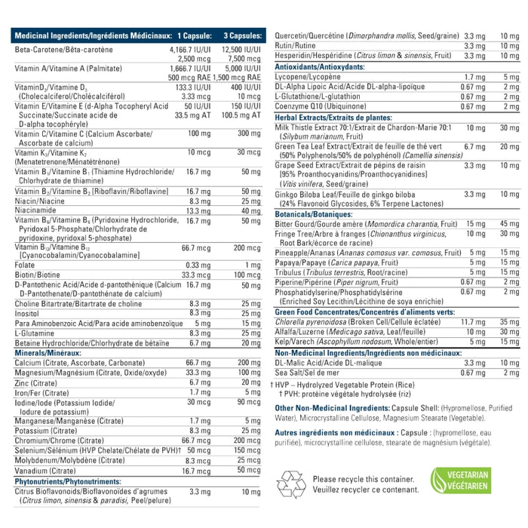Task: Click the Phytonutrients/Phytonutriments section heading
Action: pyautogui.click(x=67, y=480)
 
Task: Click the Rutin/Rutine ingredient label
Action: pyautogui.click(x=294, y=45)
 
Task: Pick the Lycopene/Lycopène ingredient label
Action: pyautogui.click(x=304, y=76)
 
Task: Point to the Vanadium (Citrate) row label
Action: pyautogui.click(x=44, y=470)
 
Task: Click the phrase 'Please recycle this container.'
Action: pyautogui.click(x=360, y=478)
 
